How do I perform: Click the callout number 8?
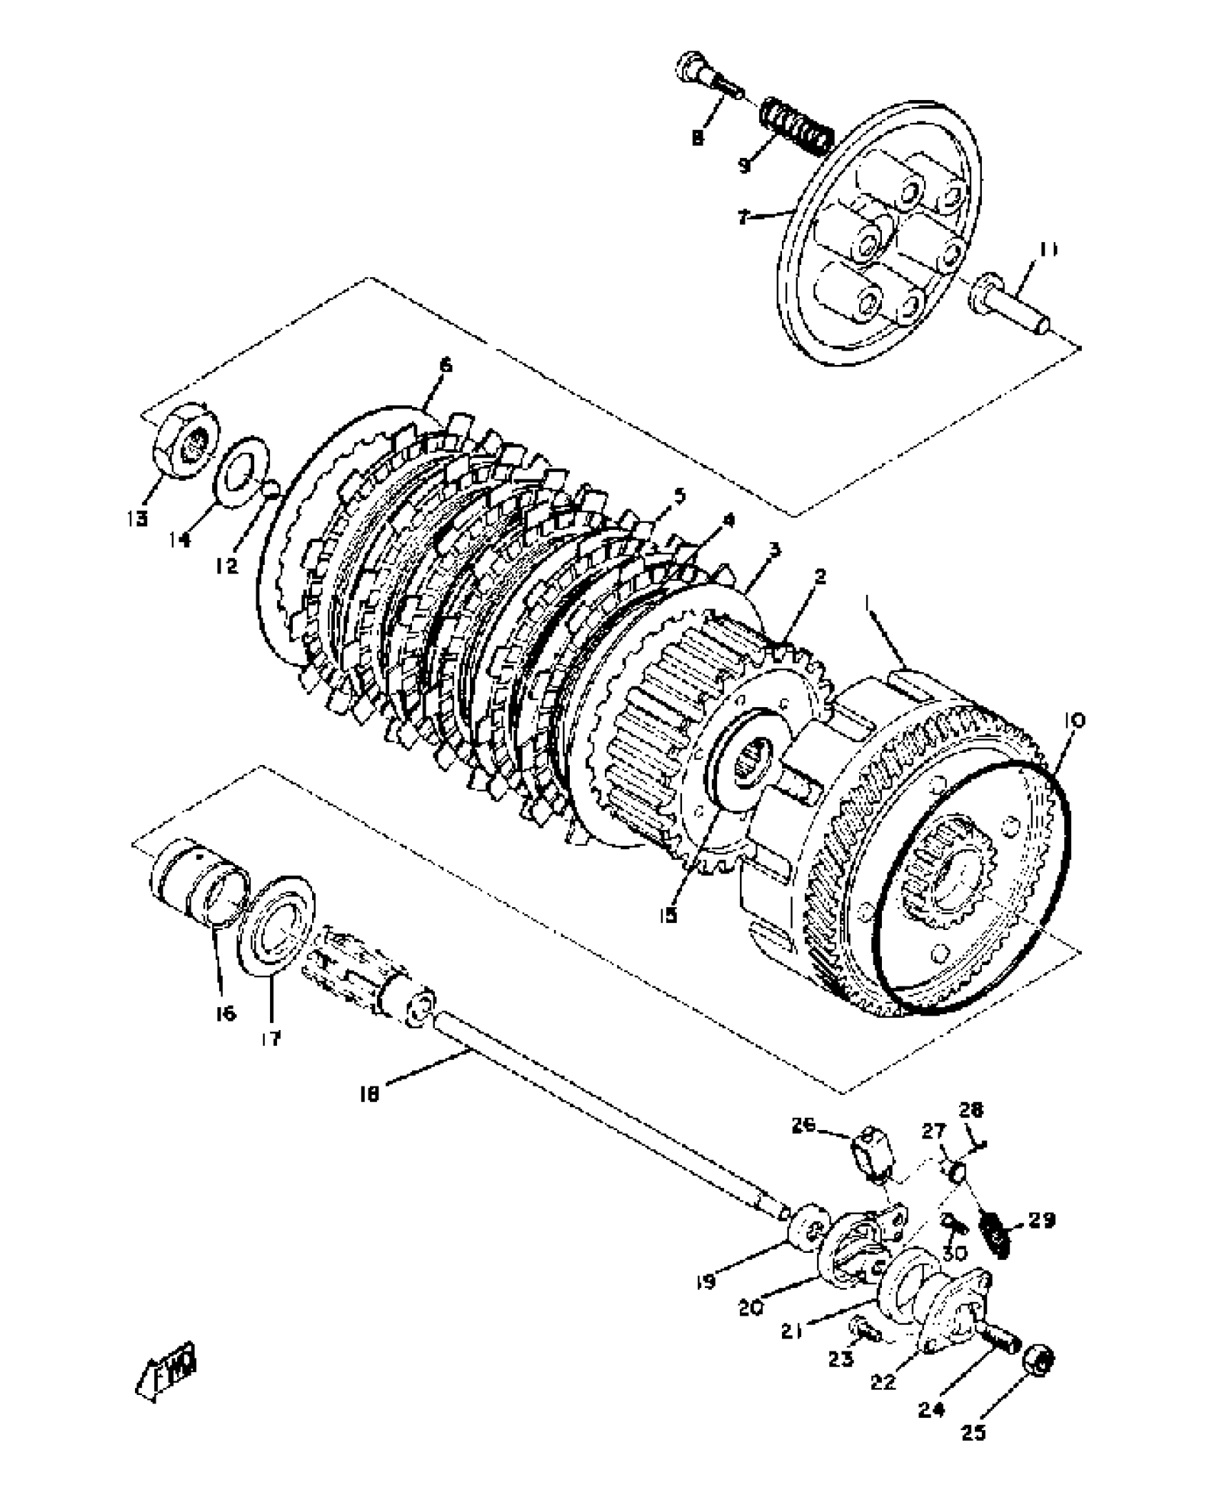point(698,137)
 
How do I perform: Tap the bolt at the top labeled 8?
point(706,86)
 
